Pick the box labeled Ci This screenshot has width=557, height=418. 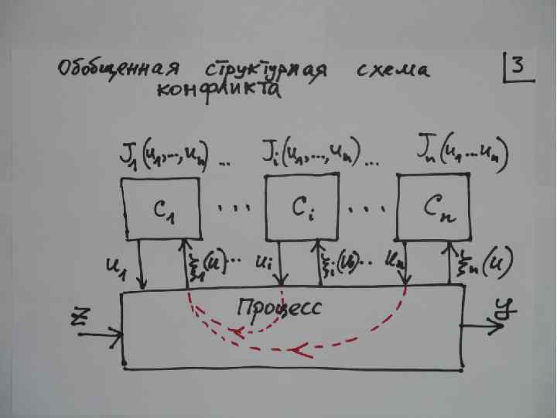click(x=302, y=207)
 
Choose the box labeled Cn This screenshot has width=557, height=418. click(x=437, y=207)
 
